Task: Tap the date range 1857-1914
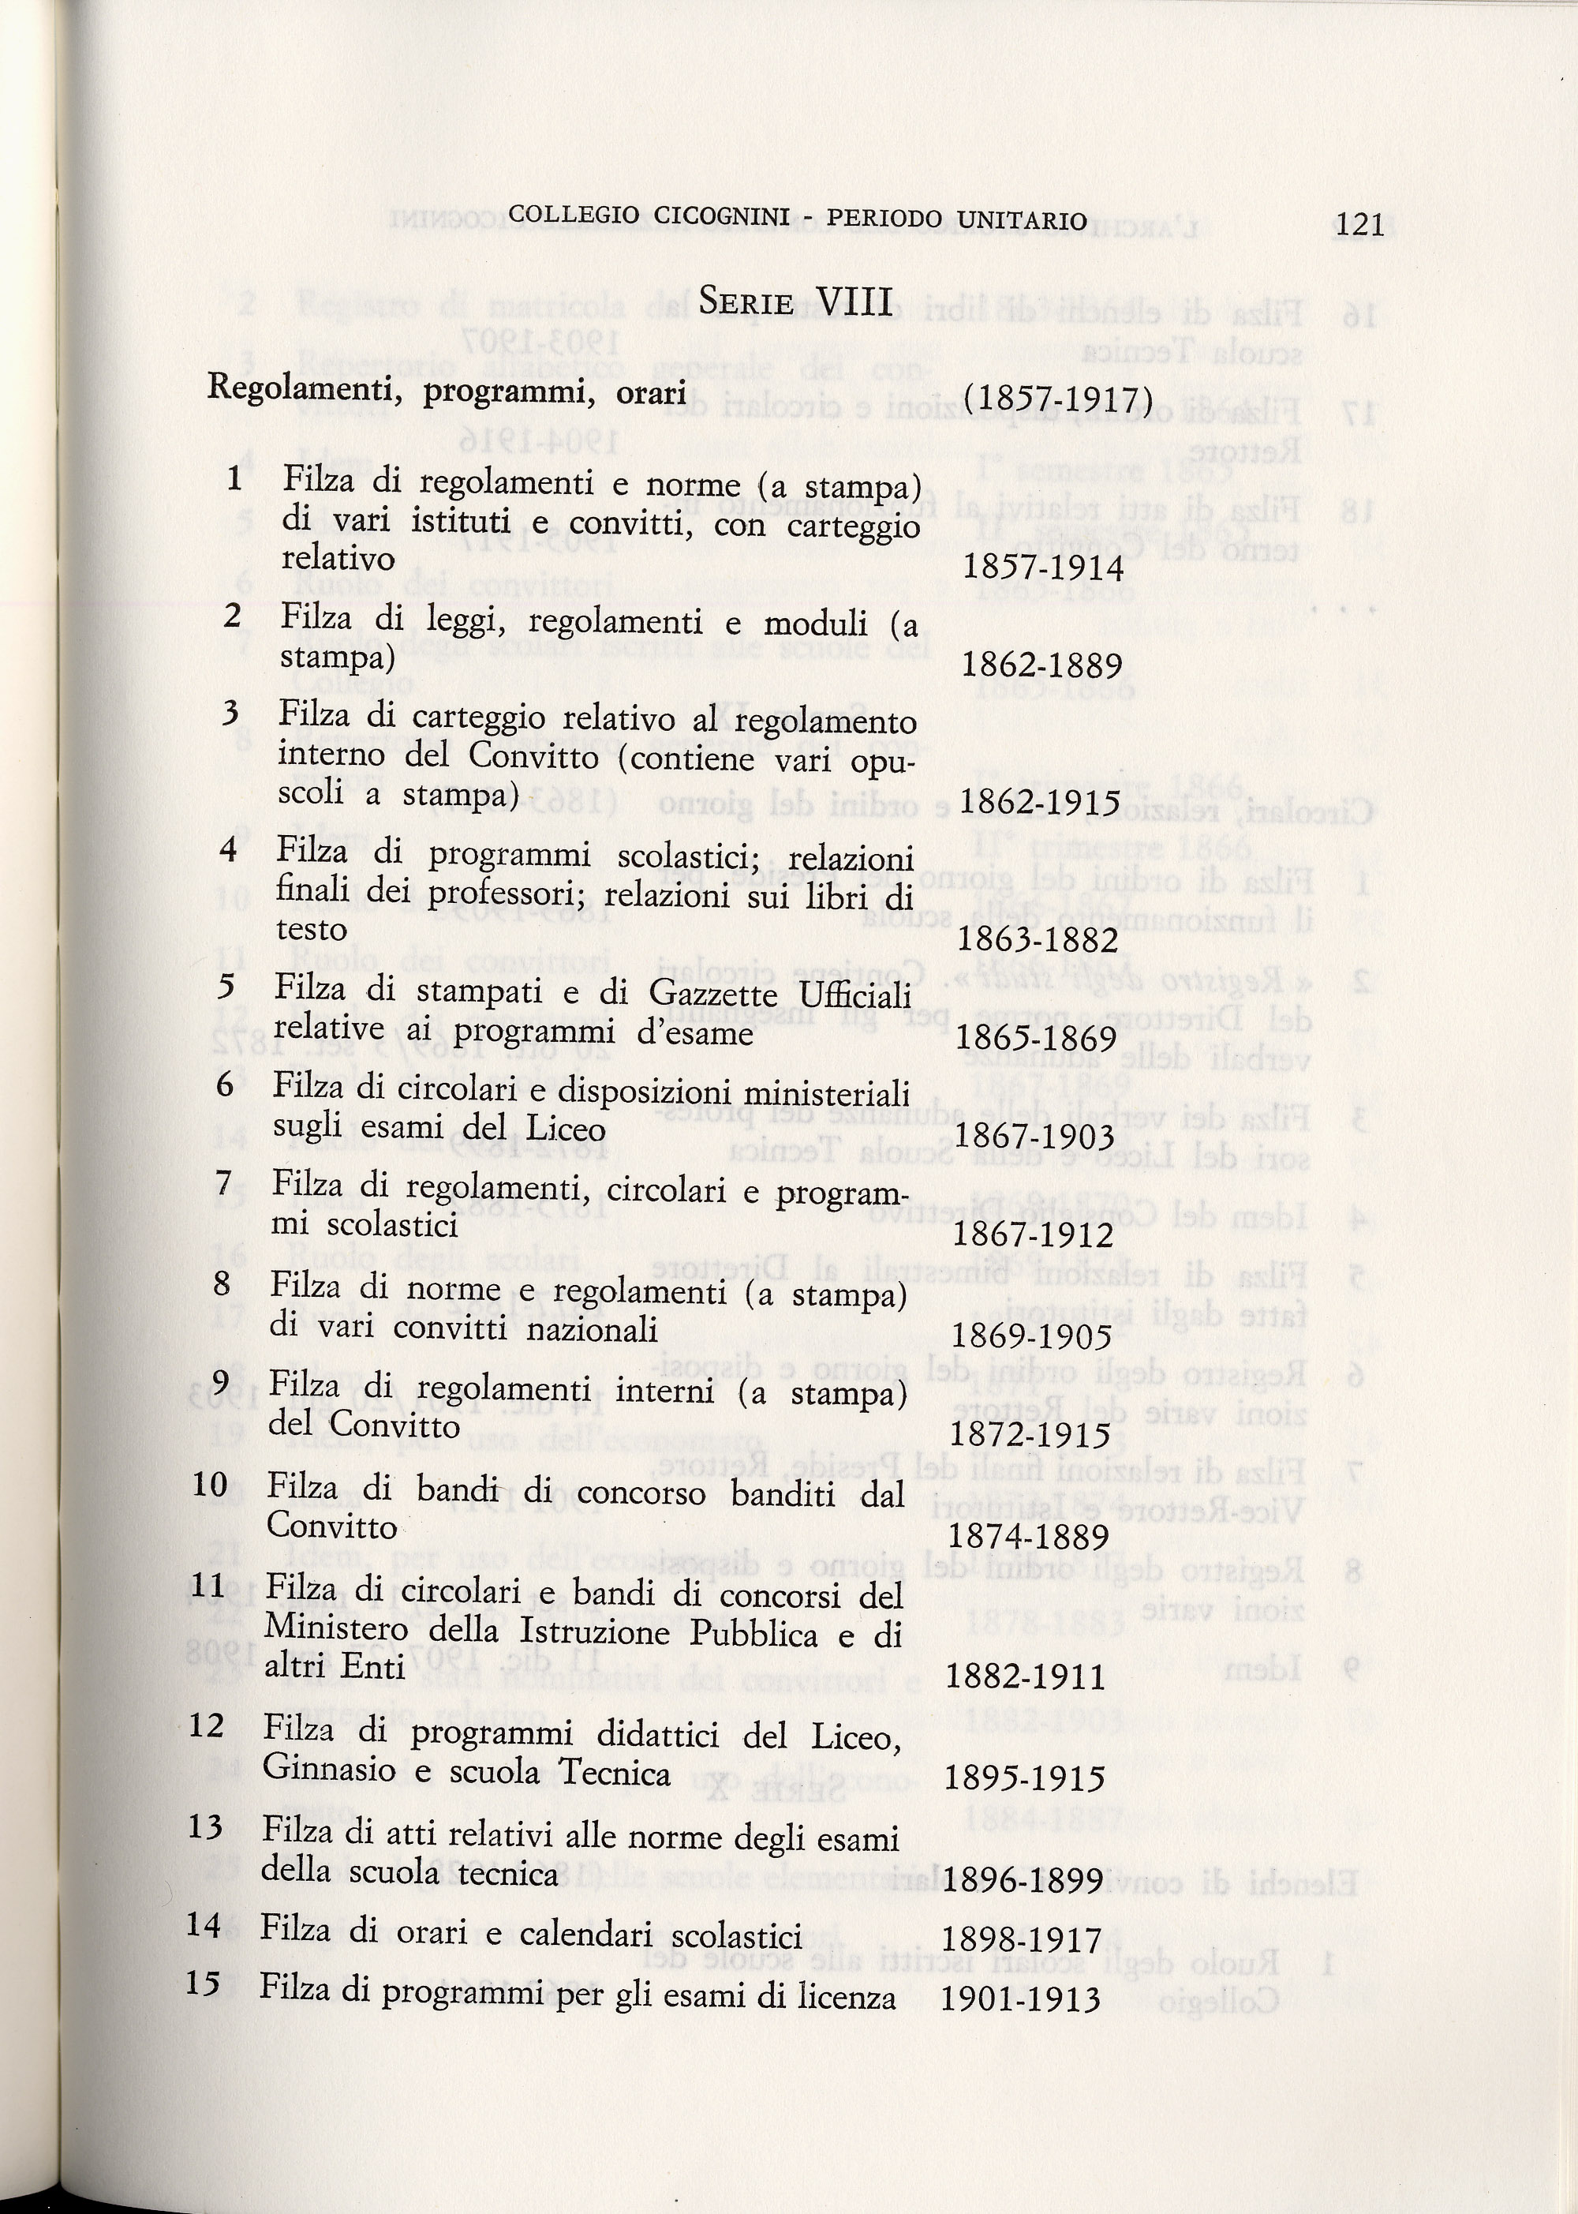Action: pos(1041,568)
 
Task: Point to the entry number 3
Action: pos(230,714)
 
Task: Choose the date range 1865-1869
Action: pos(1037,1039)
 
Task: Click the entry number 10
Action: pos(210,1485)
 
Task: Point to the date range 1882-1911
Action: pos(1025,1676)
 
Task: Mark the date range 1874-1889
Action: pos(1028,1537)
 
